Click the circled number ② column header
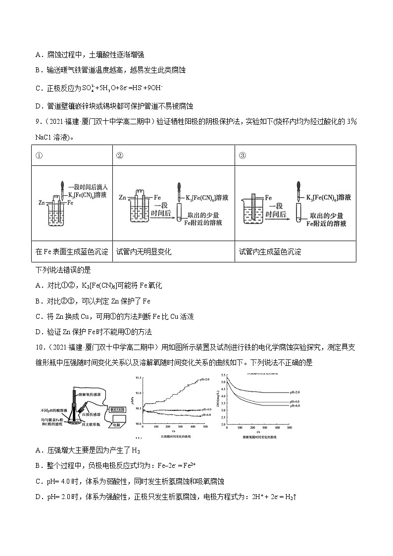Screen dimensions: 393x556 tap(119, 155)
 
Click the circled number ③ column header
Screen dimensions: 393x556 tap(243, 155)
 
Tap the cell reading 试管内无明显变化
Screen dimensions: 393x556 tap(144, 252)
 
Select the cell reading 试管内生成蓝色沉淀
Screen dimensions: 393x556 tap(270, 252)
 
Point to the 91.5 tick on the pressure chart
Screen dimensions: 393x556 tap(138, 377)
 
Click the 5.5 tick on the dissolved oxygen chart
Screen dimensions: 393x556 tap(224, 376)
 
